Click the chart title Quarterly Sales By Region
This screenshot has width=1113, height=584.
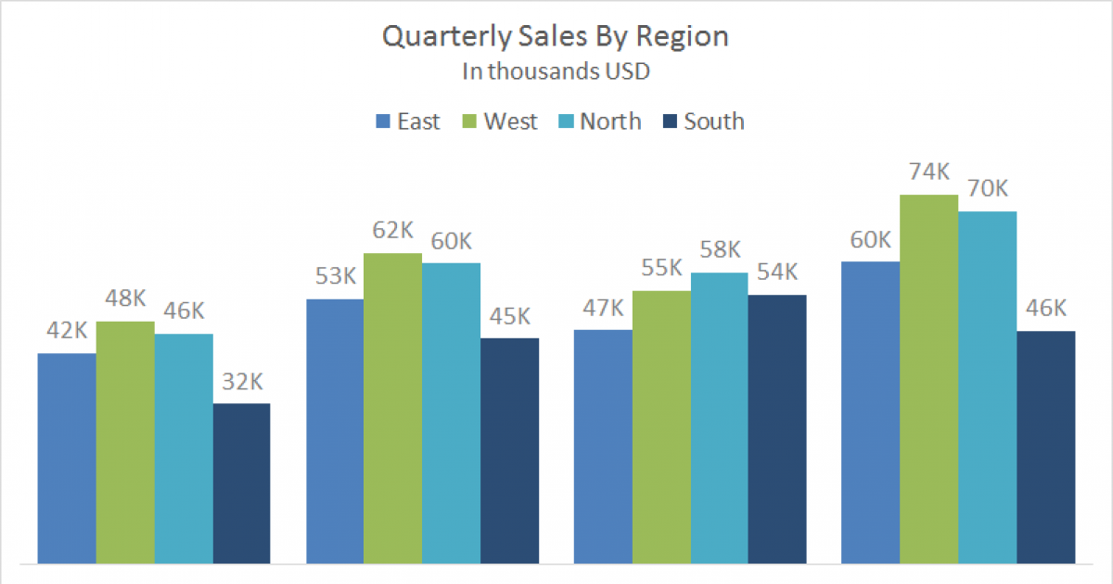click(x=556, y=37)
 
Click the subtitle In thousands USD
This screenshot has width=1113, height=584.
click(x=556, y=72)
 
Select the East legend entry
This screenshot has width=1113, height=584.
click(x=407, y=121)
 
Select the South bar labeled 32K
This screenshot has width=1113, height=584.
click(x=241, y=483)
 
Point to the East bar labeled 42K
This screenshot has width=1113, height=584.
click(x=67, y=458)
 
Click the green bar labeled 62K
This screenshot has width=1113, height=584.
click(x=392, y=408)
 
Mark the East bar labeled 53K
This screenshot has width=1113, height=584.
click(x=334, y=431)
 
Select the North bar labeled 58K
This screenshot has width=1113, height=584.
click(x=719, y=417)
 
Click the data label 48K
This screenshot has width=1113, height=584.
click(x=125, y=298)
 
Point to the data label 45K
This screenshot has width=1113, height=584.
click(x=509, y=316)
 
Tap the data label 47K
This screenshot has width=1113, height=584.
click(x=603, y=308)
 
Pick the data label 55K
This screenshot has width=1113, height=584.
click(x=661, y=268)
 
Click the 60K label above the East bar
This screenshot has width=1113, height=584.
click(x=870, y=240)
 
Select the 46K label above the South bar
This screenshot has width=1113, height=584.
click(x=1045, y=309)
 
